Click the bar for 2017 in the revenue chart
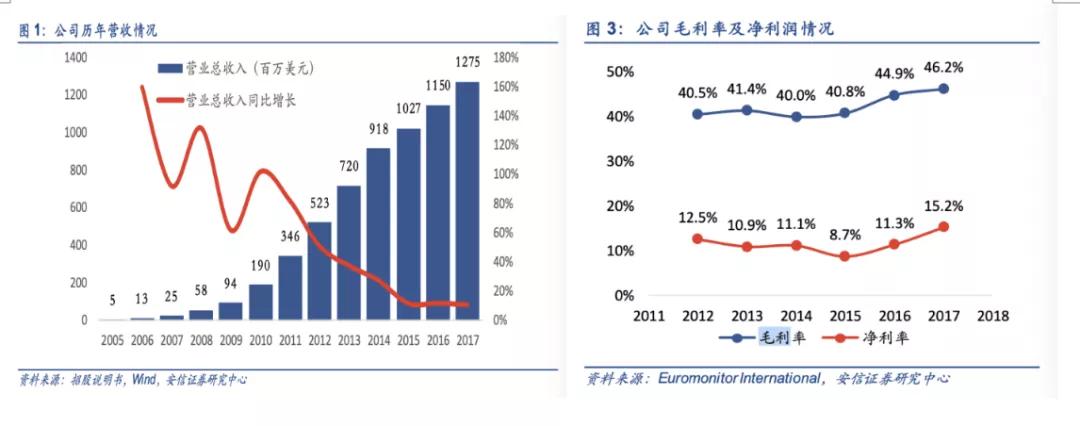467,200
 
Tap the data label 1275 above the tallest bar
467,63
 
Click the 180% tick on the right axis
504,57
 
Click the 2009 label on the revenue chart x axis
230,340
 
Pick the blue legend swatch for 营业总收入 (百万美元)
170,69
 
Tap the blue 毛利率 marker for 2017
943,88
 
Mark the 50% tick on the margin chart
620,72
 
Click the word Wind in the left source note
131,379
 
